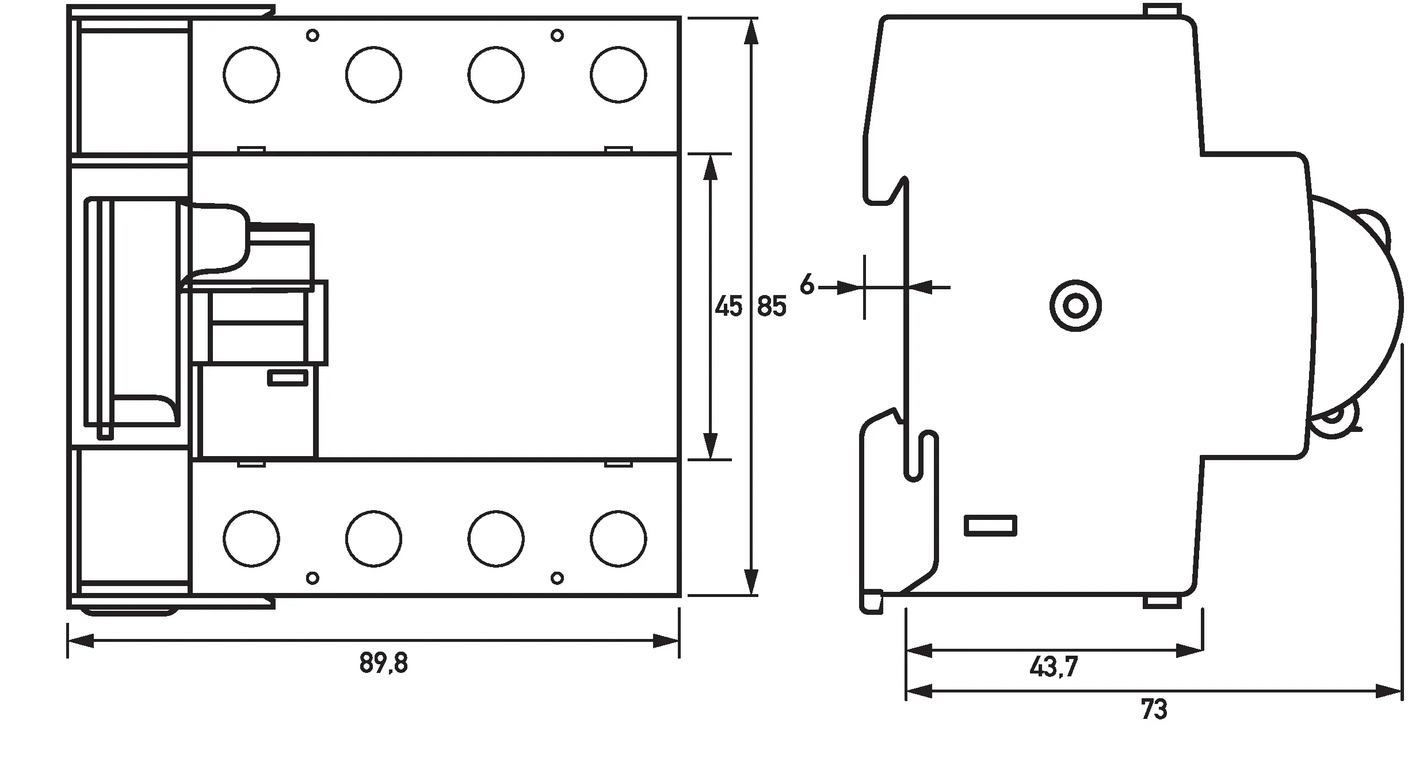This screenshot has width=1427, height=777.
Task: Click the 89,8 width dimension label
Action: click(384, 663)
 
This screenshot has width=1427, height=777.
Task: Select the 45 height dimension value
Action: click(728, 307)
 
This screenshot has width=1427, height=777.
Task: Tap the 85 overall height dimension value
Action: click(772, 307)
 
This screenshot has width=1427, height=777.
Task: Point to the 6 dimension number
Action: click(807, 285)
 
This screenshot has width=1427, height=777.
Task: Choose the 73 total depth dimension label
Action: click(1154, 710)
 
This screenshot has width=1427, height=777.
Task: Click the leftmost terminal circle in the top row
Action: click(251, 75)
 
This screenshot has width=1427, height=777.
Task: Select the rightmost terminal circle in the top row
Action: click(619, 75)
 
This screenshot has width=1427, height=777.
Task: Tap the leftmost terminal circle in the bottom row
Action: click(251, 539)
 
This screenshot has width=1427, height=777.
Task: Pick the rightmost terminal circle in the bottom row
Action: click(619, 539)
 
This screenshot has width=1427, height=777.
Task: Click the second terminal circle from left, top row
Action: click(374, 75)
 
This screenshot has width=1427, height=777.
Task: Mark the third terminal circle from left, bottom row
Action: click(496, 539)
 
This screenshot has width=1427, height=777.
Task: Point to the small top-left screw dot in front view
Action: click(312, 36)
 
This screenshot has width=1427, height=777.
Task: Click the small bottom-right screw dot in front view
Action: click(556, 577)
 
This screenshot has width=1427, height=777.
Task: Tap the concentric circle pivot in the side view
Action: click(1075, 306)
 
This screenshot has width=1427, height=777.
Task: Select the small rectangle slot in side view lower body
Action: click(990, 525)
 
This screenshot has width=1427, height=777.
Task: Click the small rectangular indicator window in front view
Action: click(288, 378)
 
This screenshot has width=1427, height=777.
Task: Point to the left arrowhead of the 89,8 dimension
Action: click(81, 641)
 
